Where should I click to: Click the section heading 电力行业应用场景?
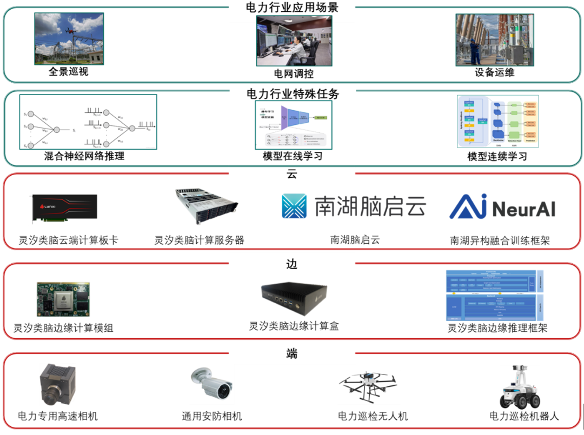click(293, 7)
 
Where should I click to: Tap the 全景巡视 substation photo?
click(69, 39)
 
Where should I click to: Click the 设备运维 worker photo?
click(494, 39)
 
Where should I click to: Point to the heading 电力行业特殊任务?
click(293, 94)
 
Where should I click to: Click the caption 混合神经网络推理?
click(84, 157)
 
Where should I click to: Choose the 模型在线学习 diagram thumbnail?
click(293, 125)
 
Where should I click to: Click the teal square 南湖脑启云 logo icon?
click(294, 206)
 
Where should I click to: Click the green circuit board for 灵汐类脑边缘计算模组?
click(63, 299)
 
